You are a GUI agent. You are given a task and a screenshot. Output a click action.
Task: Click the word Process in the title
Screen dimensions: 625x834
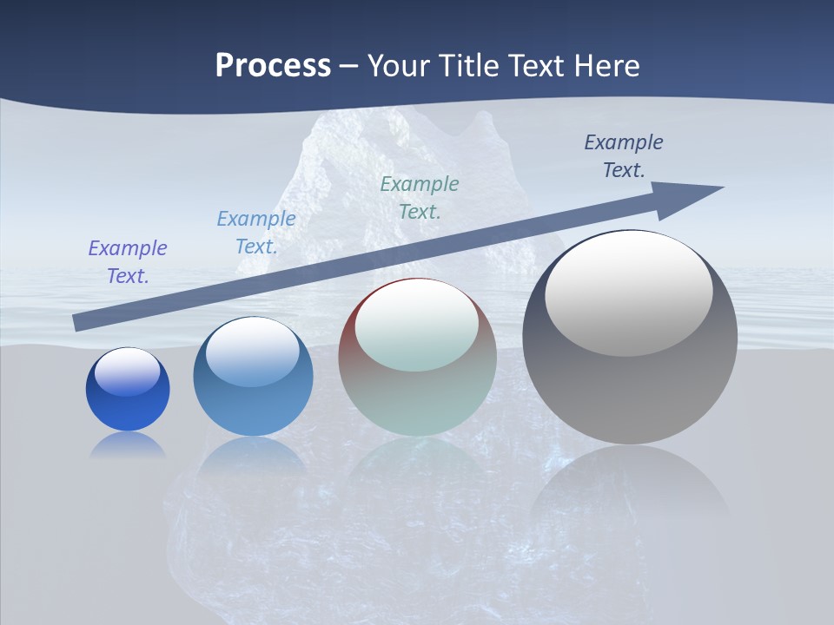[x=273, y=65]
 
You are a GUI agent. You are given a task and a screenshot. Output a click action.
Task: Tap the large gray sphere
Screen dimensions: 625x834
[x=630, y=382]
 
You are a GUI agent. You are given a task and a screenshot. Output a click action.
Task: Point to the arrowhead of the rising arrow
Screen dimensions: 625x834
[x=695, y=194]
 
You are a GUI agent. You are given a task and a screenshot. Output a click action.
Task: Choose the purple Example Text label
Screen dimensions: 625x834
[x=128, y=261]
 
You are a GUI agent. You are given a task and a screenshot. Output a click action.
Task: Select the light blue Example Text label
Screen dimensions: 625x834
[x=256, y=232]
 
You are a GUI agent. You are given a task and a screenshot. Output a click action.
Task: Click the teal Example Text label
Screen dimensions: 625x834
[x=420, y=197]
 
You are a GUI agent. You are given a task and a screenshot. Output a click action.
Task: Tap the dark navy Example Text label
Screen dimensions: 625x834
[x=624, y=155]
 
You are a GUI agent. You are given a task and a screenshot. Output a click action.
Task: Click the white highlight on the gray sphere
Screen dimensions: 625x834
[x=628, y=291]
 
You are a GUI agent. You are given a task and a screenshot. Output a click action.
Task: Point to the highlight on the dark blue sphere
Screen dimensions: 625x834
[x=128, y=371]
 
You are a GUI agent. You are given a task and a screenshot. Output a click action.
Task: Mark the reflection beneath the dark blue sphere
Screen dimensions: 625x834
[x=128, y=445]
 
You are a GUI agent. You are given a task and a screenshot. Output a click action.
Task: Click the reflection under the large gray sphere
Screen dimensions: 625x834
[x=630, y=486]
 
